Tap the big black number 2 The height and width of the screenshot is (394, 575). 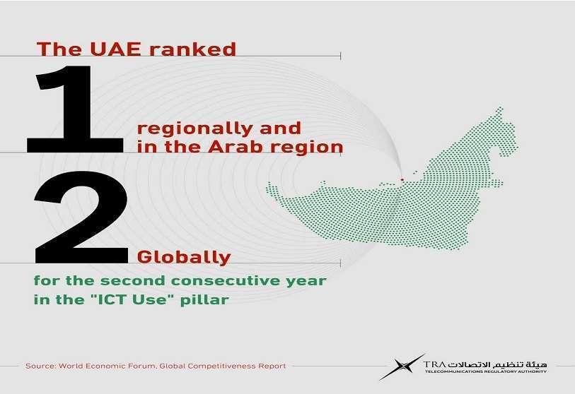point(81,217)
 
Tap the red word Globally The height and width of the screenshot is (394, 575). point(184,257)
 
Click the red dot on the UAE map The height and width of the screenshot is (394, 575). point(402,180)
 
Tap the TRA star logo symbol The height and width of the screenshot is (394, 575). point(402,366)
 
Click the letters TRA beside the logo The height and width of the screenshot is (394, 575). point(434,365)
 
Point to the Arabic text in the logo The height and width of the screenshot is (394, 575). point(498,364)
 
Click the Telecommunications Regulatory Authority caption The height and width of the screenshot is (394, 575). point(485,371)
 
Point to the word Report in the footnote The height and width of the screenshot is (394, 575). point(272,366)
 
